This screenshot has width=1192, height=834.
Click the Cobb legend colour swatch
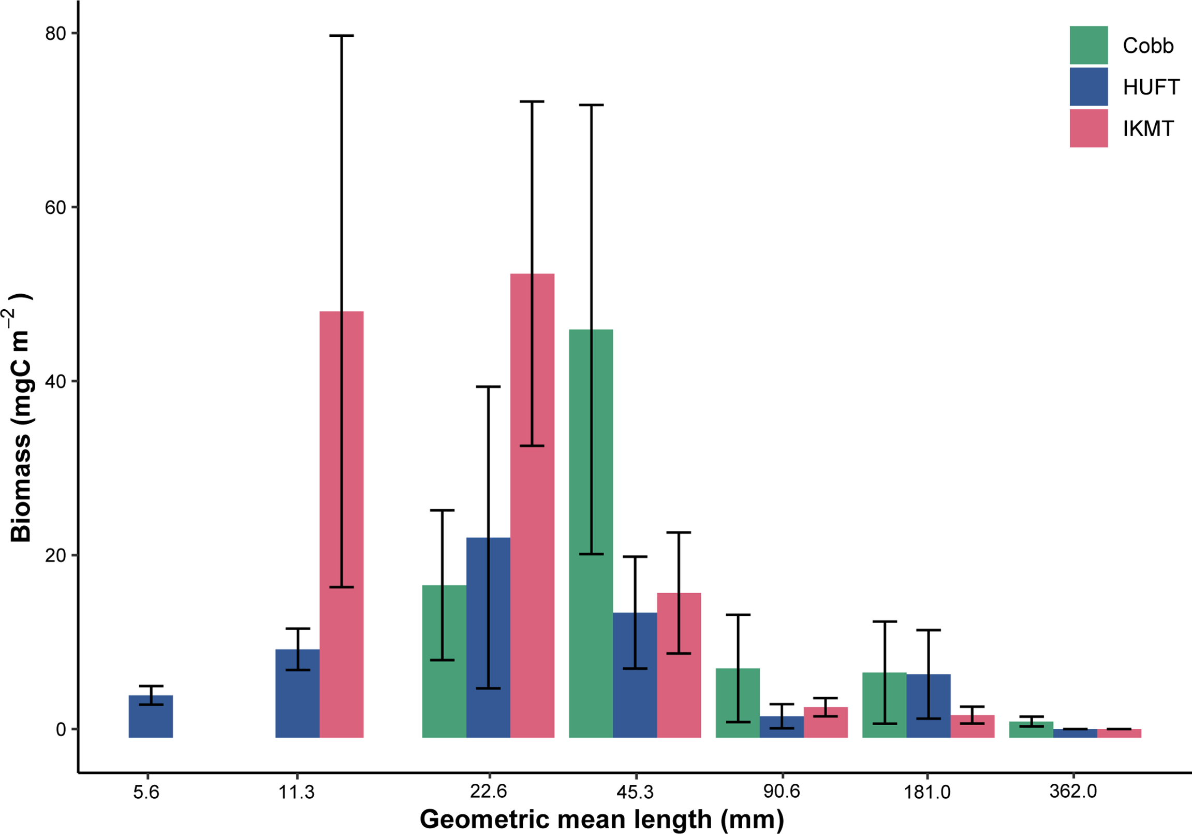(1088, 45)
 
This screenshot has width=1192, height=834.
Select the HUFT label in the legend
(1151, 88)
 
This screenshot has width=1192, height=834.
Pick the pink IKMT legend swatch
(1088, 128)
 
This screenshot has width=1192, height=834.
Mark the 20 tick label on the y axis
(55, 555)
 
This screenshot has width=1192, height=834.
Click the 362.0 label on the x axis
(1072, 792)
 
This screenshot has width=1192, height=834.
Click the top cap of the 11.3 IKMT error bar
(341, 36)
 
